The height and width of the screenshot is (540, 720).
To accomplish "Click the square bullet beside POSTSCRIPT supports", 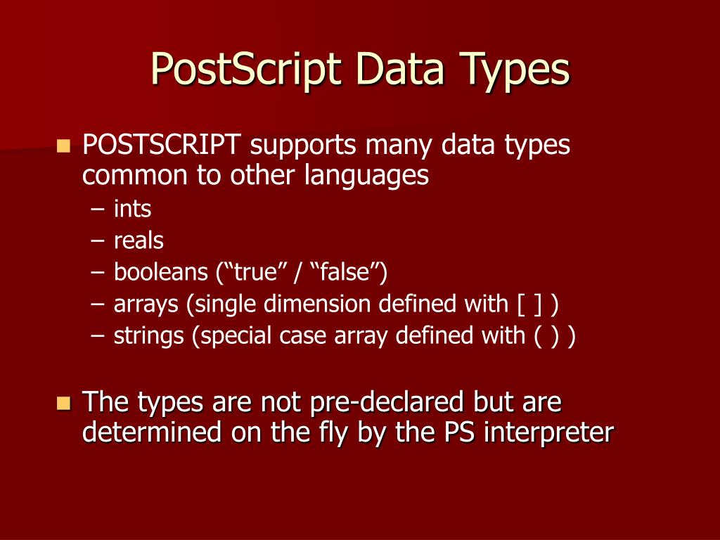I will [x=64, y=146].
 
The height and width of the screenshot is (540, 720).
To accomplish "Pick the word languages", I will [x=366, y=176].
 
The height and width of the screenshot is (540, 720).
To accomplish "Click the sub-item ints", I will [x=132, y=209].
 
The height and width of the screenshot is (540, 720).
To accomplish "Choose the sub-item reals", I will [x=139, y=240].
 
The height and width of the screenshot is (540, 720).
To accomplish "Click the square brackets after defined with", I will [x=529, y=304].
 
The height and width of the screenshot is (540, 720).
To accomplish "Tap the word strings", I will [x=149, y=336].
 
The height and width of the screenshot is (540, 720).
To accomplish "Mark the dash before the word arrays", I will [x=98, y=304].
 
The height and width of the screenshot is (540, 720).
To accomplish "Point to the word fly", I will [x=330, y=432].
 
